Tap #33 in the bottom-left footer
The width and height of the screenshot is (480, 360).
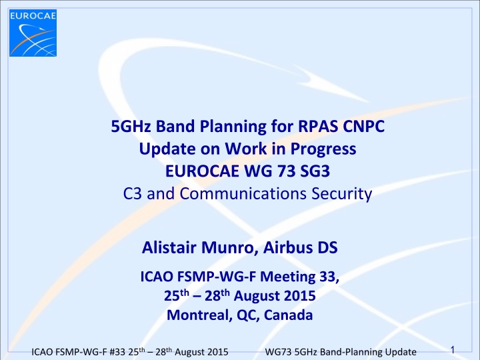pos(104,349)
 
